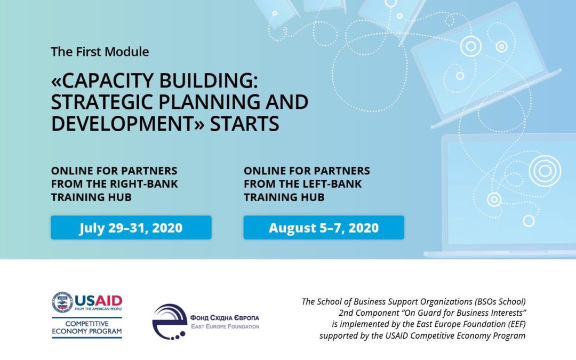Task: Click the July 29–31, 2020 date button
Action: click(131, 227)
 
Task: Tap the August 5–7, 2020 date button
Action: click(324, 227)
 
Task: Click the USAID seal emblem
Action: click(62, 302)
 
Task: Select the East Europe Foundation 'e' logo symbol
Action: click(170, 322)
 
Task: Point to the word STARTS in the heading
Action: click(244, 123)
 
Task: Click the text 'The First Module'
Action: click(100, 51)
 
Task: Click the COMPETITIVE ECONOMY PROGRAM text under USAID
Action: click(87, 327)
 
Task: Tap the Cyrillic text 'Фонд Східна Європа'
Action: click(225, 318)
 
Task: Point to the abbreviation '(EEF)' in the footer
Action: click(516, 324)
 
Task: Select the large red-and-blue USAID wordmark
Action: click(99, 300)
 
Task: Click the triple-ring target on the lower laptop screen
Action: click(545, 171)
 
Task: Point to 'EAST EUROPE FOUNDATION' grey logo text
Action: click(225, 326)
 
